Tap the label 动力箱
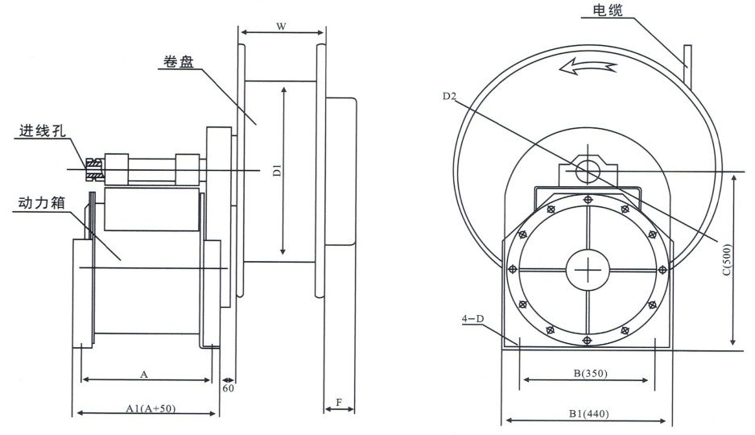(43, 204)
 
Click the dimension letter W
(281, 27)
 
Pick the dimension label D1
(275, 170)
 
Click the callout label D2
(450, 97)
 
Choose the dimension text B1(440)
(588, 414)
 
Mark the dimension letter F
(339, 400)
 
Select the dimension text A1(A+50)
(151, 408)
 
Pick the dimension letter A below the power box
(143, 374)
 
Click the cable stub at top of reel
(687, 64)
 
